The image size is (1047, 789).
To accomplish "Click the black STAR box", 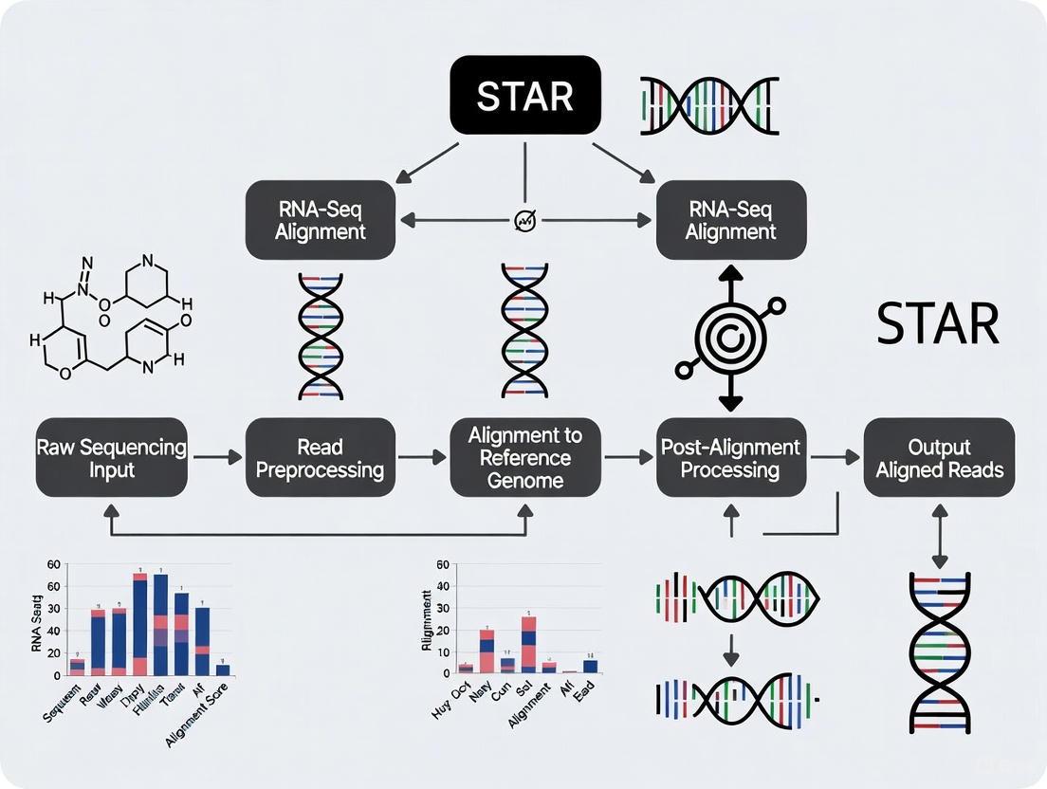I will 524,95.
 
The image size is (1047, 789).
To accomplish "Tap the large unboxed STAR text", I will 937,324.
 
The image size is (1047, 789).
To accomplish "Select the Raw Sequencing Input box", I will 112,457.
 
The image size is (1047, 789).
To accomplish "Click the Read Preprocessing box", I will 320,457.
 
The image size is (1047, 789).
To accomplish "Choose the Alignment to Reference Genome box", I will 524,457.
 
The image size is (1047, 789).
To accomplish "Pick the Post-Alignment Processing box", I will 730,457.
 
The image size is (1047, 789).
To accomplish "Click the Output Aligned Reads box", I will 939,457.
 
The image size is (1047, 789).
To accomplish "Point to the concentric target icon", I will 729,336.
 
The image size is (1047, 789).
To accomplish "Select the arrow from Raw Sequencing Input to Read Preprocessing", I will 217,458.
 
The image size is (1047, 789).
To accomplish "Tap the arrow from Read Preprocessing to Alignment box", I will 422,458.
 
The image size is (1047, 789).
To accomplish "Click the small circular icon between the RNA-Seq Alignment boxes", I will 525,221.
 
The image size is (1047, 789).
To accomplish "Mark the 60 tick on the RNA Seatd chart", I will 53,564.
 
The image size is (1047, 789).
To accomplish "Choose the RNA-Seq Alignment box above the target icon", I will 730,220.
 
